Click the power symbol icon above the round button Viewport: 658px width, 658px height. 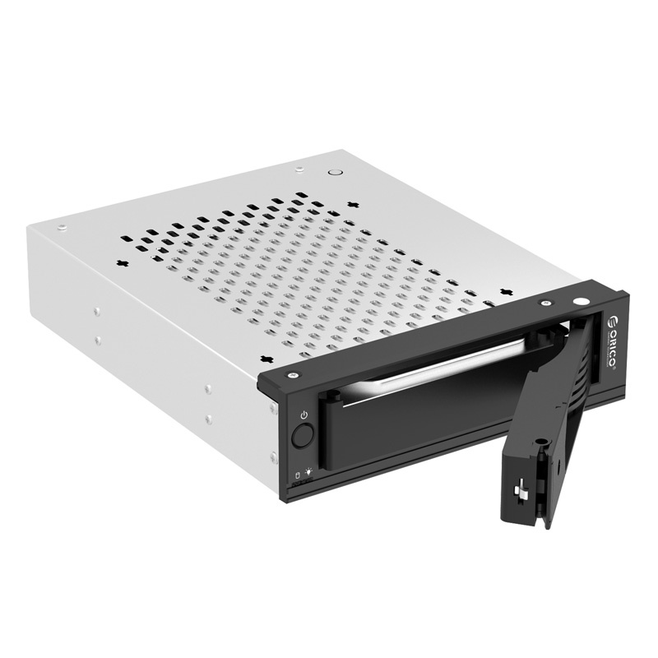[x=304, y=415]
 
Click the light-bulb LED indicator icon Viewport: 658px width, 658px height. [x=309, y=472]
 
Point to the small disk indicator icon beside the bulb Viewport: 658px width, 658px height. [x=297, y=475]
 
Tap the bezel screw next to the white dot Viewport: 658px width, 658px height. [x=544, y=304]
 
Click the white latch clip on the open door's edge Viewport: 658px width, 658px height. [x=521, y=493]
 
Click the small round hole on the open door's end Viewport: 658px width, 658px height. [x=541, y=445]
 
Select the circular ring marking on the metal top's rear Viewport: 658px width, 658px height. [x=333, y=173]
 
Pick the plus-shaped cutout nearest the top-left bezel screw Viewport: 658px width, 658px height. [x=267, y=358]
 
